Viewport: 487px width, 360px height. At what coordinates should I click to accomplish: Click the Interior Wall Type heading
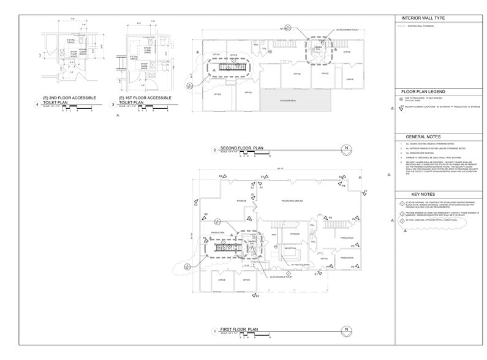[x=423, y=18]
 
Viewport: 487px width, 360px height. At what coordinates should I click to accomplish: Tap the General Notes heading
[x=419, y=137]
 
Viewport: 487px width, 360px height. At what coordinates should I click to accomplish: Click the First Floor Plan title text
[x=241, y=330]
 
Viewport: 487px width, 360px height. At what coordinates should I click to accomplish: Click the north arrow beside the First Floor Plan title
[x=346, y=331]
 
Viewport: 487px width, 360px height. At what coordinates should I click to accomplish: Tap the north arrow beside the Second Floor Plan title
[x=346, y=149]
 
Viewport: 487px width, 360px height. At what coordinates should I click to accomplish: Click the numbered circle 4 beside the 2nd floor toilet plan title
[x=38, y=105]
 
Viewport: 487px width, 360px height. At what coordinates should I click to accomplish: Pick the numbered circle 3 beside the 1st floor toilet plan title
[x=113, y=105]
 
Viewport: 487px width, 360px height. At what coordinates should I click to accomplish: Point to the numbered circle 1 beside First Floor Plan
[x=214, y=331]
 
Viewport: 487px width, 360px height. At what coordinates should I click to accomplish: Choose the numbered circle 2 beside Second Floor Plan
[x=214, y=150]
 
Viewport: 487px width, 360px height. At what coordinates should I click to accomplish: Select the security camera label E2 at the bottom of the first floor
[x=258, y=296]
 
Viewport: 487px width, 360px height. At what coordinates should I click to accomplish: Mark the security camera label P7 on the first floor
[x=261, y=188]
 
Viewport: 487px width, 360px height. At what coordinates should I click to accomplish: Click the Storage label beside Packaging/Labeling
[x=241, y=201]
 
